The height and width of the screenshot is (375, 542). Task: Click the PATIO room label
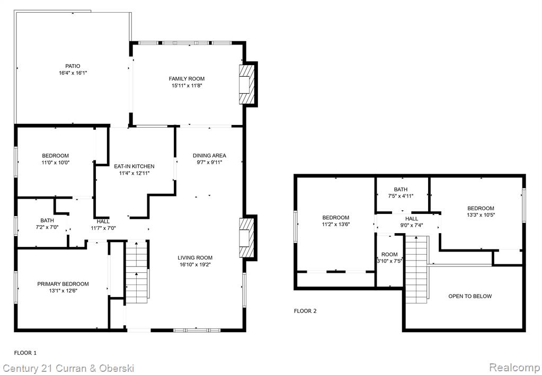tap(73, 66)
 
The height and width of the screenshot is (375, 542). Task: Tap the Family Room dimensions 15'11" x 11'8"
tap(186, 85)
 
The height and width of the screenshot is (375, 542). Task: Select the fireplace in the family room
tap(246, 84)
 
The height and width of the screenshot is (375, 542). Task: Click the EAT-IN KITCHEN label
tap(134, 166)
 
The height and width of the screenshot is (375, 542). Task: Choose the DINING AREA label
tap(209, 156)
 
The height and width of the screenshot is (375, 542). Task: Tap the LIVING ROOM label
tap(195, 257)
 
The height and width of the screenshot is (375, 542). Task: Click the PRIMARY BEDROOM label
tap(63, 284)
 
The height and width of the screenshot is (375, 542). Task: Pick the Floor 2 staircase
tap(417, 269)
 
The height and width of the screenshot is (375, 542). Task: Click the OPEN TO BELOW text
tap(470, 296)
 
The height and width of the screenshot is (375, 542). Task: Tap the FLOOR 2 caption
tap(305, 311)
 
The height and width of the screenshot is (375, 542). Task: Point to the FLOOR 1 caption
tap(25, 353)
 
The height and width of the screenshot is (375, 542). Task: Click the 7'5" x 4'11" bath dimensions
tap(401, 196)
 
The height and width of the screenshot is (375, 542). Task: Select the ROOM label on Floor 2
tap(389, 254)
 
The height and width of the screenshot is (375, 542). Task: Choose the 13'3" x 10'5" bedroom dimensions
tap(481, 215)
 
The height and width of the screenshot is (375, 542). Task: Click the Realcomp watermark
tap(514, 367)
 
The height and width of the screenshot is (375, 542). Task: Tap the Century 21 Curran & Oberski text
tap(68, 368)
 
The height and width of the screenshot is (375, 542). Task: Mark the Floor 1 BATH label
tap(47, 220)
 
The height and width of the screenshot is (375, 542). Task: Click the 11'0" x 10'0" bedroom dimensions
tap(55, 163)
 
